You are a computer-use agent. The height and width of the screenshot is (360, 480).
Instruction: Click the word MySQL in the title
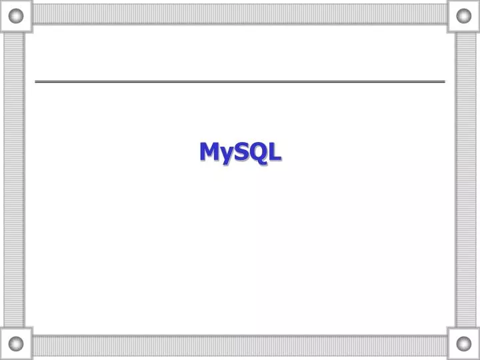click(240, 152)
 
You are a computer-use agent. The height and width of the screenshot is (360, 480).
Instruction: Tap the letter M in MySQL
click(210, 151)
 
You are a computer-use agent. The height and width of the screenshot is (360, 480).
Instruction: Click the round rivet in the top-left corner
click(16, 15)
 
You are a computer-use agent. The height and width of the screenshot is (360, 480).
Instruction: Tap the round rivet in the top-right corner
click(463, 15)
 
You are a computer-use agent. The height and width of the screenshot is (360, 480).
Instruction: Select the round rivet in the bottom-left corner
click(16, 344)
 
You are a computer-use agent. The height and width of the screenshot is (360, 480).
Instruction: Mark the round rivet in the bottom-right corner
click(463, 344)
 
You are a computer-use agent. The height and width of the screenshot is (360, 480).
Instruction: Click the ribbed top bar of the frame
click(240, 14)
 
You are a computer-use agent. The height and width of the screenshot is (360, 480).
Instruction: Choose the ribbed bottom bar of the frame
click(240, 345)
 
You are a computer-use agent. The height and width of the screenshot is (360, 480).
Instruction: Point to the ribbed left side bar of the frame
click(14, 180)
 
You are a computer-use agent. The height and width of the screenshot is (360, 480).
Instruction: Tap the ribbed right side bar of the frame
click(465, 180)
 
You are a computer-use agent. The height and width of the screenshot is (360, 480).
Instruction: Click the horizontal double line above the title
click(240, 81)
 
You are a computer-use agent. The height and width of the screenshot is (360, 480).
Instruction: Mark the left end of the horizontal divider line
click(37, 81)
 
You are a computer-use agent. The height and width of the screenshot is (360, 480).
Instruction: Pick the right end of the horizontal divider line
click(443, 81)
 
